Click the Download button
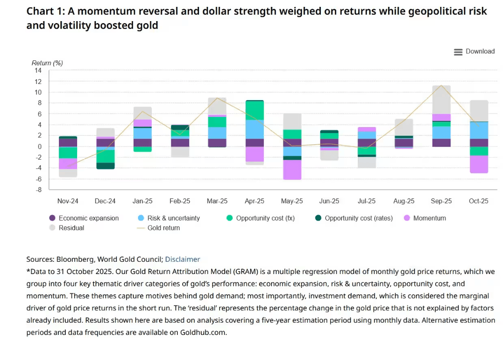coord(475,52)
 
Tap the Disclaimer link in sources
coord(182,259)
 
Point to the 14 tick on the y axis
coord(38,71)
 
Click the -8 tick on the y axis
coord(38,190)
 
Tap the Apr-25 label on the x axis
coord(254,201)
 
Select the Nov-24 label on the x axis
coord(68,201)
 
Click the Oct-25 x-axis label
coord(478,201)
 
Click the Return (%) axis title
coord(47,63)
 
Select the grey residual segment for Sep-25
coord(441,100)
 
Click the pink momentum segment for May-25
coord(292,170)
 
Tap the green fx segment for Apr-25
coord(254,111)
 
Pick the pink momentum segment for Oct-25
coord(478,164)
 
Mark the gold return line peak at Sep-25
coord(441,85)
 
